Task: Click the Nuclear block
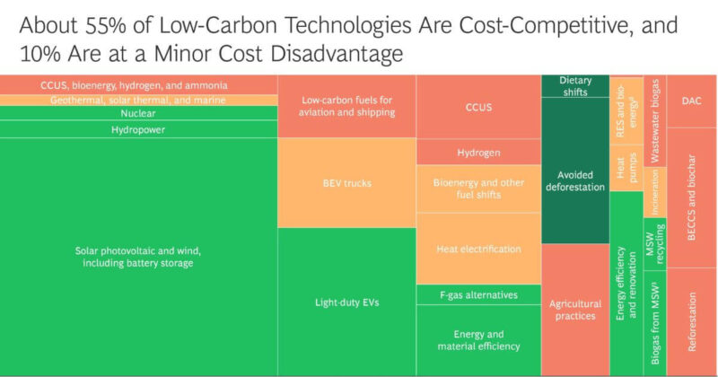(x=138, y=114)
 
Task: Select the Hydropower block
(x=138, y=129)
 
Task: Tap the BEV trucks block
(x=346, y=183)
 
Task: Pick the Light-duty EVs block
(x=346, y=302)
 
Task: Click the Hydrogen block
(x=478, y=153)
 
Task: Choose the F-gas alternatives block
(x=478, y=294)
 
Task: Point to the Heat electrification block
(x=478, y=249)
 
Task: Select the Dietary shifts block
(x=574, y=86)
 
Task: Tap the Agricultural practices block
(x=574, y=310)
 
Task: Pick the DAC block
(x=691, y=101)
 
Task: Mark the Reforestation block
(x=691, y=320)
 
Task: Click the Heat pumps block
(x=625, y=171)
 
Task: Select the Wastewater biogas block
(x=654, y=121)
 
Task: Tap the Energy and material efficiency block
(x=478, y=340)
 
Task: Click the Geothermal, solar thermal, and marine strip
(x=138, y=100)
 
